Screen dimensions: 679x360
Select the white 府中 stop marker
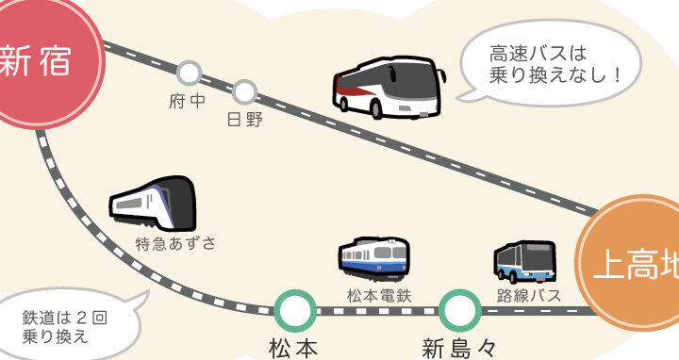190,74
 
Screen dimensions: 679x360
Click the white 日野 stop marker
244,92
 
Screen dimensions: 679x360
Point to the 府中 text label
187,101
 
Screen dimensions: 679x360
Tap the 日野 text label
245,120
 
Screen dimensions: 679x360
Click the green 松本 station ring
295,311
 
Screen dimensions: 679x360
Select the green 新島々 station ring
459,311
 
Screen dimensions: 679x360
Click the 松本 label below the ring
293,349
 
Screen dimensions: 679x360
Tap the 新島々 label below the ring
458,349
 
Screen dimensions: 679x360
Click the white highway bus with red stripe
389,87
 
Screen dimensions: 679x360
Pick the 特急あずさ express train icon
153,203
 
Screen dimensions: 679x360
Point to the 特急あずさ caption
175,244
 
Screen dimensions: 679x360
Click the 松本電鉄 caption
379,296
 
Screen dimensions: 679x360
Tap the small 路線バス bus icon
524,262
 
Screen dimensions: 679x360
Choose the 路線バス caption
529,296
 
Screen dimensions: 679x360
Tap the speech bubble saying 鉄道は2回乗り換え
69,323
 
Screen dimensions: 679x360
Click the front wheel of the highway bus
376,110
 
